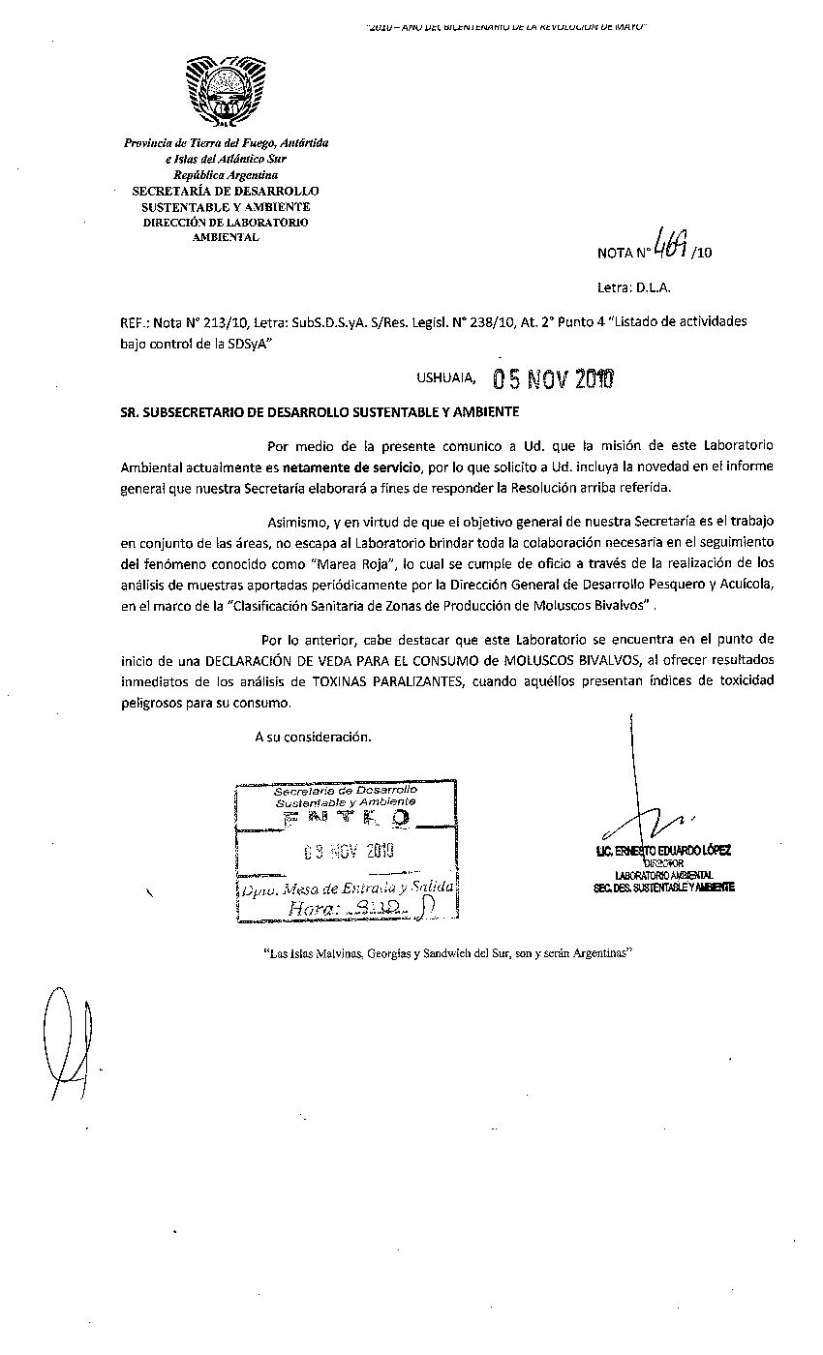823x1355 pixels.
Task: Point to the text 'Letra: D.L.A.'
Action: pyautogui.click(x=634, y=286)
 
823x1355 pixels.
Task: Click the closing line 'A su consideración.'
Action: pyautogui.click(x=313, y=737)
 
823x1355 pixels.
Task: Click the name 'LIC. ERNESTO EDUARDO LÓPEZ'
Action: pyautogui.click(x=664, y=851)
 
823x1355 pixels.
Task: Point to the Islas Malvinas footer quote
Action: pyautogui.click(x=447, y=953)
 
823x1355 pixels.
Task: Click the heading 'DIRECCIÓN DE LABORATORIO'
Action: pyautogui.click(x=225, y=223)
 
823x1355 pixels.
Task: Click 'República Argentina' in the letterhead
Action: pyautogui.click(x=225, y=175)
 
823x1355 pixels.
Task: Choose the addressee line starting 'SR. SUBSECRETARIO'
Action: pyautogui.click(x=320, y=411)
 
